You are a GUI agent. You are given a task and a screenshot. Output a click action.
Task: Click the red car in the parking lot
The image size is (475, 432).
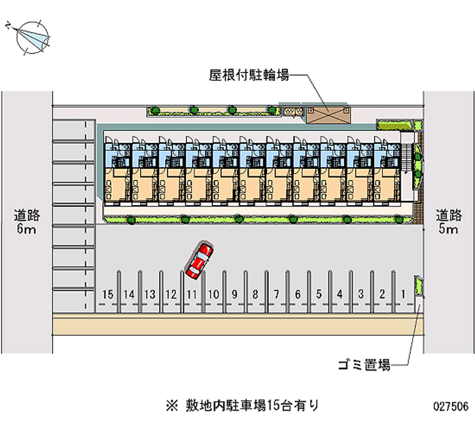pos(199,261)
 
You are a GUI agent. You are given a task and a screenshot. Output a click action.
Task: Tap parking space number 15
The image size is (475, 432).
pos(107,294)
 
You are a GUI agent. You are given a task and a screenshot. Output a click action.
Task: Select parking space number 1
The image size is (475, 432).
pos(403,294)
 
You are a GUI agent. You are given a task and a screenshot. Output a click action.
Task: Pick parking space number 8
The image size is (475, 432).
pos(255,294)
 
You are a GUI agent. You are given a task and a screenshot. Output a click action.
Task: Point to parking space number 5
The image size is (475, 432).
pos(319,294)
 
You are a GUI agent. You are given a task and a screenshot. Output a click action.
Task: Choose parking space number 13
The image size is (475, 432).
pos(150,294)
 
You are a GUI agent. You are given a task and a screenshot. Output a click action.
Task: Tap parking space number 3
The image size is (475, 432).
pos(361,294)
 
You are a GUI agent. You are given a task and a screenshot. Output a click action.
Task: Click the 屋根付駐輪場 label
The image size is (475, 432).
pos(249,75)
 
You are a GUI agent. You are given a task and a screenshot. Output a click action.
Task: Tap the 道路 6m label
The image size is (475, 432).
pos(26,222)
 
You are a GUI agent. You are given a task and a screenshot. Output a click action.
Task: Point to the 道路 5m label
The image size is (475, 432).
pos(448,222)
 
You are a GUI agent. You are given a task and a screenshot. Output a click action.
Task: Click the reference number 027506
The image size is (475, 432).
pos(451,407)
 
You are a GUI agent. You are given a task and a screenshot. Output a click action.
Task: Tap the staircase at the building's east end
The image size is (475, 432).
pos(407,160)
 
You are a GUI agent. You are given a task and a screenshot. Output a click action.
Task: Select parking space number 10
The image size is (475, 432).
pos(214,294)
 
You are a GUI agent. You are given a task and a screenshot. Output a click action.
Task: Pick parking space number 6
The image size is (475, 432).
pos(297,294)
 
